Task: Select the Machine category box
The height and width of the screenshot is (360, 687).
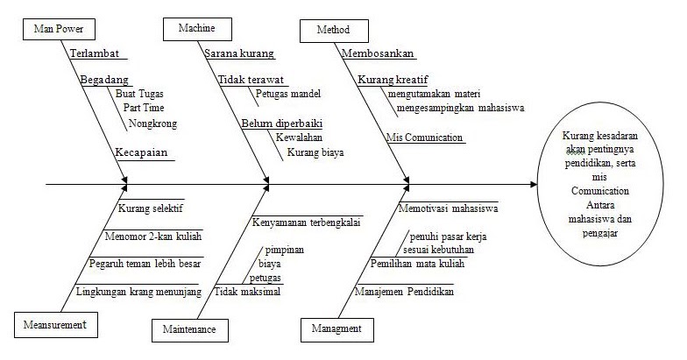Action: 196,29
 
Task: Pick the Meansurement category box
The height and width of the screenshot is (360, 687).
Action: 55,325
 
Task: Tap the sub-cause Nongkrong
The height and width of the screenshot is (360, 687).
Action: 152,124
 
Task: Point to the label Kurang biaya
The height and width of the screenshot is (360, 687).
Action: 315,152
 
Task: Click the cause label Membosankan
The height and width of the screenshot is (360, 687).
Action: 378,53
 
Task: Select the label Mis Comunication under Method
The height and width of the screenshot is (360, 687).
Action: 424,137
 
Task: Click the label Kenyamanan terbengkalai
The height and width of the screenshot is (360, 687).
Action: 307,221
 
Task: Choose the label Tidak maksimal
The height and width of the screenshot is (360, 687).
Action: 247,292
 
